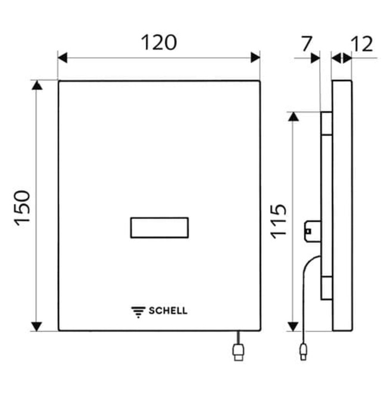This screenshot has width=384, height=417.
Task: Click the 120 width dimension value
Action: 158,43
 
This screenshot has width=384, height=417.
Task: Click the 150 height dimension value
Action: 23,207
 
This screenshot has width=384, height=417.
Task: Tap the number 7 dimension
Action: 307,43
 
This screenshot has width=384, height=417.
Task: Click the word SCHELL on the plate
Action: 168,310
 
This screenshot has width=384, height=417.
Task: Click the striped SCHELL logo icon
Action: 138,311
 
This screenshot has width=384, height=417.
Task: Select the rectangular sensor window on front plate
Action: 159,227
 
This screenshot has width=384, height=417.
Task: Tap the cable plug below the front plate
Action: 238,352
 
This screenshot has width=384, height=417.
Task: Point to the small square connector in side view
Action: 311,228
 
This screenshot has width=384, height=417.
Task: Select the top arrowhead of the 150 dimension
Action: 38,86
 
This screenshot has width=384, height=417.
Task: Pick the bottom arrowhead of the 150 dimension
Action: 38,326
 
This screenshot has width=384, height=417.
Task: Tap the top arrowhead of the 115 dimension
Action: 293,117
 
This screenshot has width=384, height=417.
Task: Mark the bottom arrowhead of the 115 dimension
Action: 293,326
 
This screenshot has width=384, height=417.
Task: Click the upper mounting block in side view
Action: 326,124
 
